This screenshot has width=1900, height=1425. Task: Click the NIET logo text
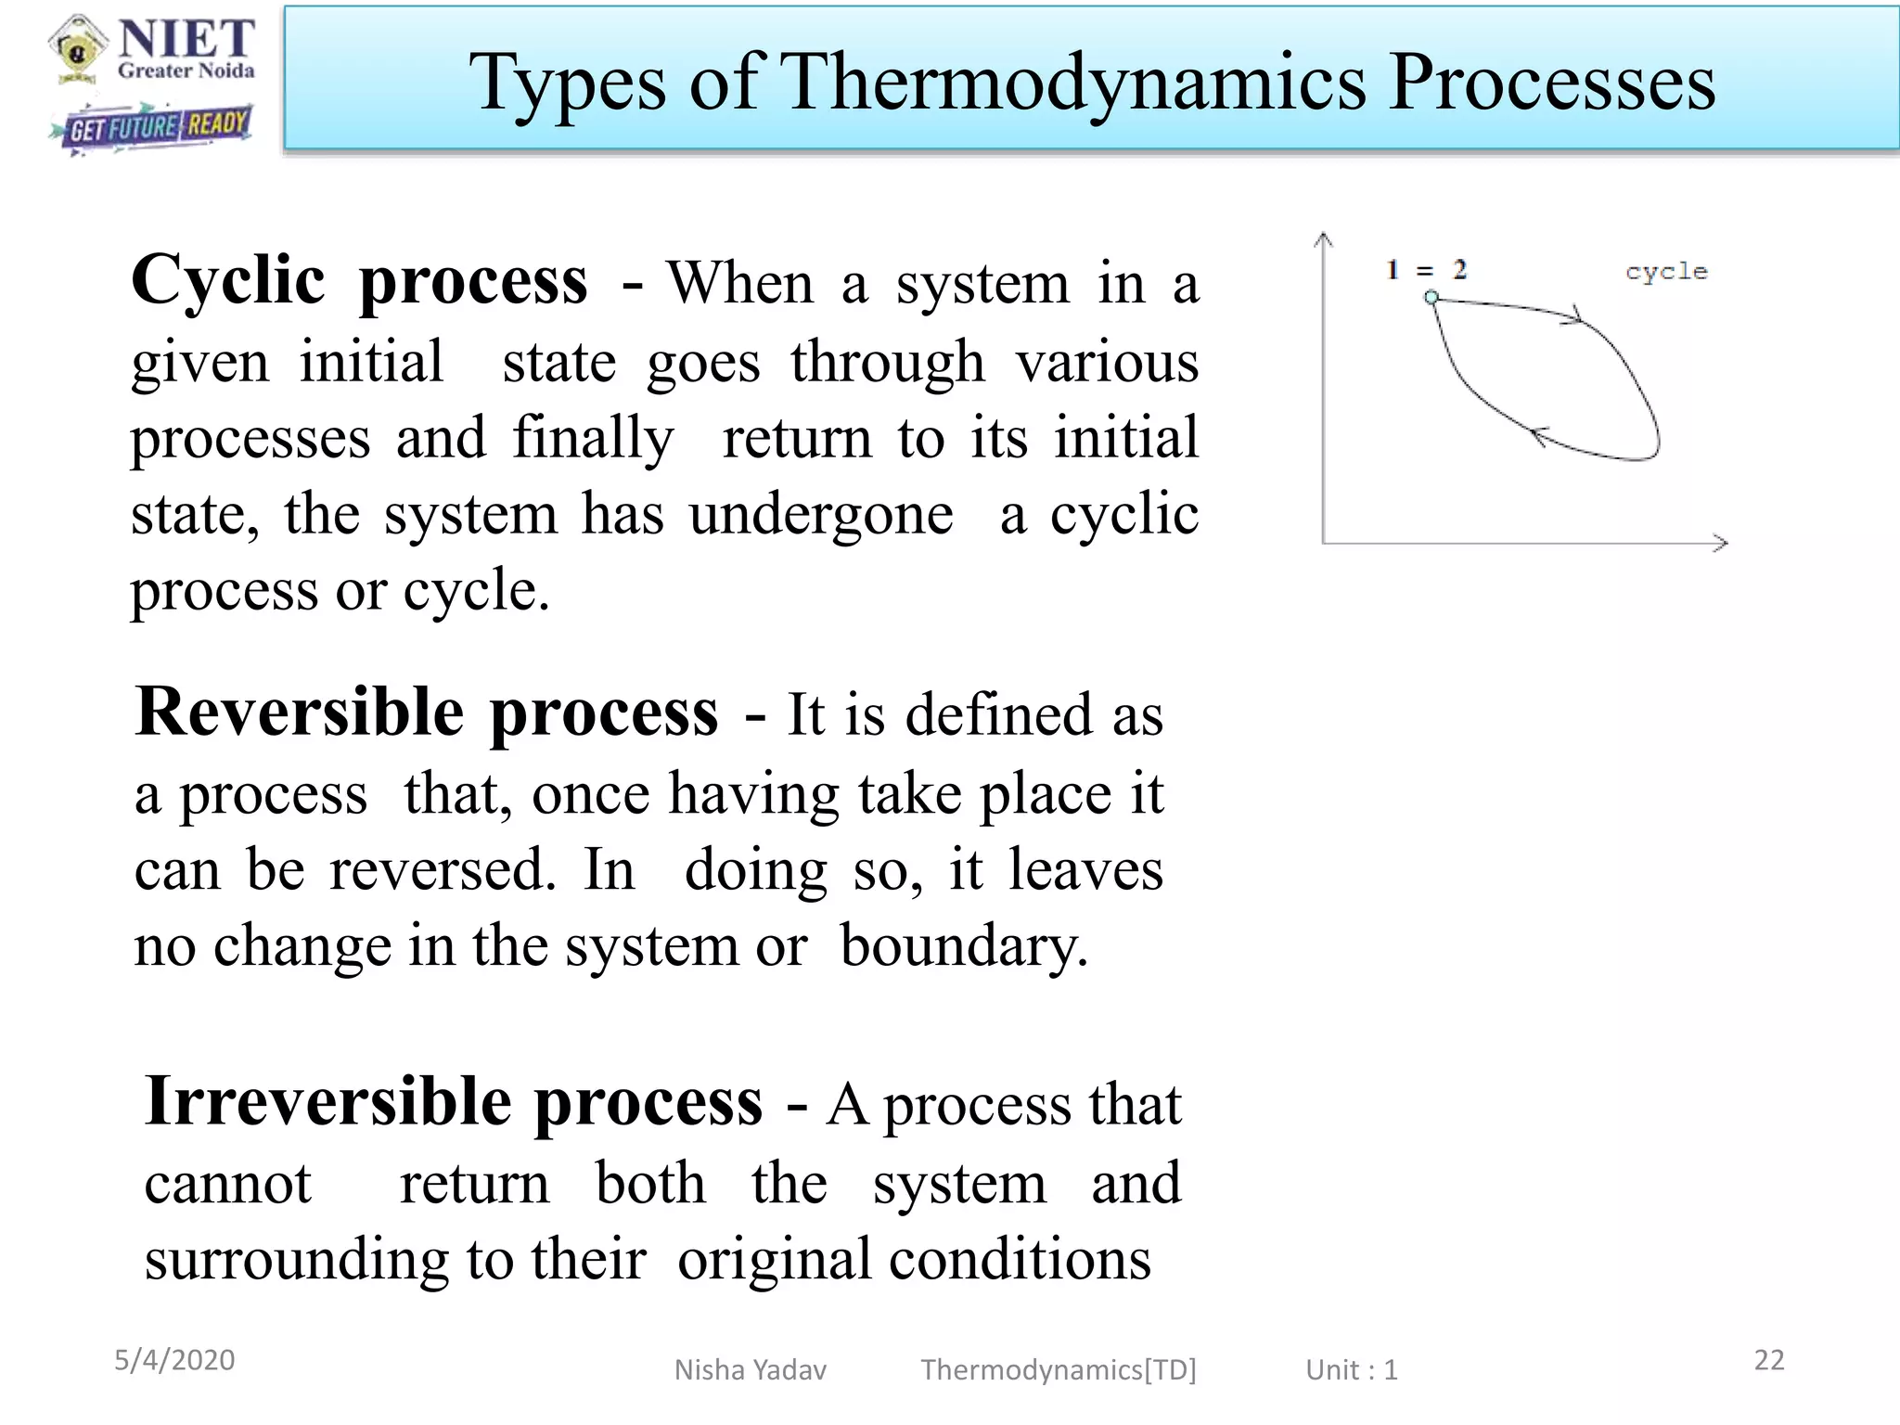[186, 40]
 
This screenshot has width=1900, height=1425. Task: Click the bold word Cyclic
[228, 281]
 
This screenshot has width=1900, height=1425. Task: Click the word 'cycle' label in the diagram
[1666, 272]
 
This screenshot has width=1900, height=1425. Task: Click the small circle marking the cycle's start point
[1431, 297]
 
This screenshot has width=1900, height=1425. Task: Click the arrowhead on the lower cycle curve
[1537, 435]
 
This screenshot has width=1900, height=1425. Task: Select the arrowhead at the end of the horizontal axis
[1721, 543]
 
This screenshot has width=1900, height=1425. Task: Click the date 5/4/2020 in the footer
[174, 1360]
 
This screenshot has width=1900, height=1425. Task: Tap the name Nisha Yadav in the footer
[750, 1370]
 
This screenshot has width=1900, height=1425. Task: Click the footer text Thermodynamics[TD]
[1058, 1370]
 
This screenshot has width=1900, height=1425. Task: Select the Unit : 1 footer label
[1351, 1370]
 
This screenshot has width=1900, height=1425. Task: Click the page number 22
[1768, 1360]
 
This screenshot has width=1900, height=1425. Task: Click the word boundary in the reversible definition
[963, 948]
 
